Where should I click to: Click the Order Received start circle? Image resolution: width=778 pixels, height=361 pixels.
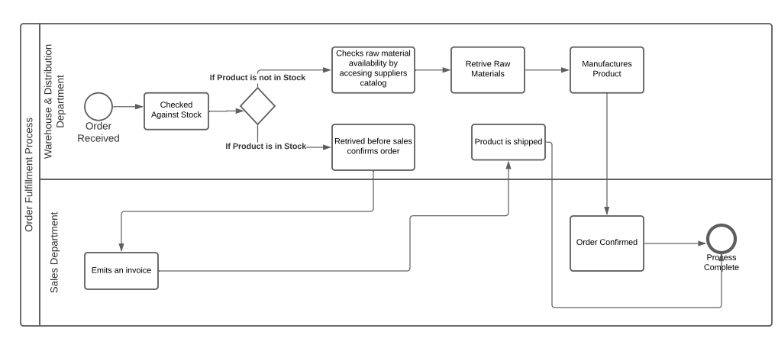click(x=98, y=107)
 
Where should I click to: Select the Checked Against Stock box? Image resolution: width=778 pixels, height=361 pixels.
click(x=176, y=110)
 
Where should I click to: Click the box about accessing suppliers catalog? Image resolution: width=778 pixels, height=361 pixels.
click(x=373, y=70)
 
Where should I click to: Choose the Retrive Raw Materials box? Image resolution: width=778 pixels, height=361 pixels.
click(x=487, y=70)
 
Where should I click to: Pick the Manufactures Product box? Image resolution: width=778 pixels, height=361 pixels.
click(x=606, y=70)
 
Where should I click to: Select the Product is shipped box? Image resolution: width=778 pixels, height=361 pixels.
click(x=508, y=142)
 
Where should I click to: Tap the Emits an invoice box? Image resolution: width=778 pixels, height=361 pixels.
click(x=122, y=270)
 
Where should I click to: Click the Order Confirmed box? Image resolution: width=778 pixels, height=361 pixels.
click(x=606, y=243)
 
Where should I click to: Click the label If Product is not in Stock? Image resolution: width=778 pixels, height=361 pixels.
click(x=257, y=77)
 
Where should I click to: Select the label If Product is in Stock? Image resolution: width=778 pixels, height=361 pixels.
click(x=265, y=146)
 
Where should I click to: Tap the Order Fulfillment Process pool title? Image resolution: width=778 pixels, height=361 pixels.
click(x=29, y=176)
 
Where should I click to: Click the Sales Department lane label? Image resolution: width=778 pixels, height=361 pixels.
click(x=54, y=253)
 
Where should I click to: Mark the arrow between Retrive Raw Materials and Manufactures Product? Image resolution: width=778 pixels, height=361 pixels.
click(x=547, y=70)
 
